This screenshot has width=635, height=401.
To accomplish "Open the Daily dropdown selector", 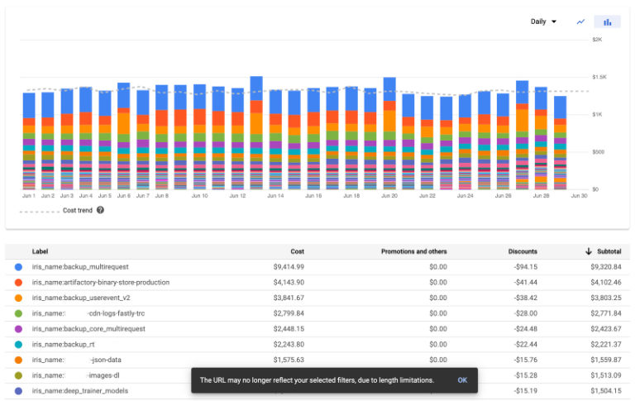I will point(543,21).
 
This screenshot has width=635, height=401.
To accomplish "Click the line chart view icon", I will point(580,21).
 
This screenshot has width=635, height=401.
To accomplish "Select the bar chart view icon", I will point(608,22).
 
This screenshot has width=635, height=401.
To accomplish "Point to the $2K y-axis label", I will point(597,39).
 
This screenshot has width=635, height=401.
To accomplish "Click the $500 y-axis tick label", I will point(598,151).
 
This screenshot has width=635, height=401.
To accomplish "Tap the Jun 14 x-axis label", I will point(275,196).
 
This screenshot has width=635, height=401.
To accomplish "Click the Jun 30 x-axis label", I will point(579,196).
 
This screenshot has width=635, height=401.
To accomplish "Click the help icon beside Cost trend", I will point(100,210).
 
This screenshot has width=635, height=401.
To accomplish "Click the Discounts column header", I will point(523,251).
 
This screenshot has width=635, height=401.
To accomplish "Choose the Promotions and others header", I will point(413,251).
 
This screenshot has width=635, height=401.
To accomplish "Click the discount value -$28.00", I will point(524,313).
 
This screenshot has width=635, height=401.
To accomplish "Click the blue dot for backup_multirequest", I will point(18,267).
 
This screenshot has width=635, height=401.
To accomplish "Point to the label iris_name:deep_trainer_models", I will point(80,390).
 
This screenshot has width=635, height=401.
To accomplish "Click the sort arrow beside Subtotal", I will point(588,251).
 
